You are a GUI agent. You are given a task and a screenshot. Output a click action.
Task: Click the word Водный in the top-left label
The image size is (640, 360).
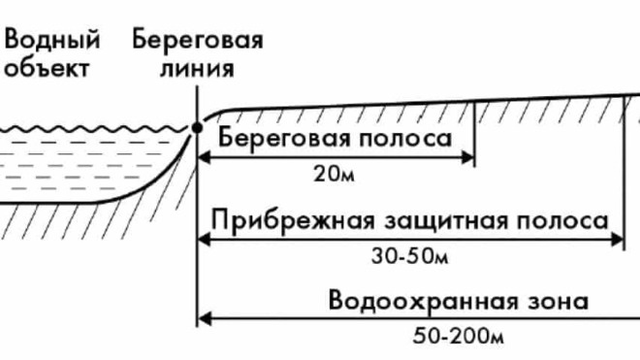tap(52, 41)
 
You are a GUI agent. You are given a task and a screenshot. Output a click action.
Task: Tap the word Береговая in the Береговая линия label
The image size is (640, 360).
tap(198, 41)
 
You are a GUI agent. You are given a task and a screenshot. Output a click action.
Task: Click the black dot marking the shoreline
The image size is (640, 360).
tap(198, 127)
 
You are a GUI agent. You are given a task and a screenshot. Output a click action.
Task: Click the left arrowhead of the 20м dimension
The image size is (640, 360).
tap(205, 156)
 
